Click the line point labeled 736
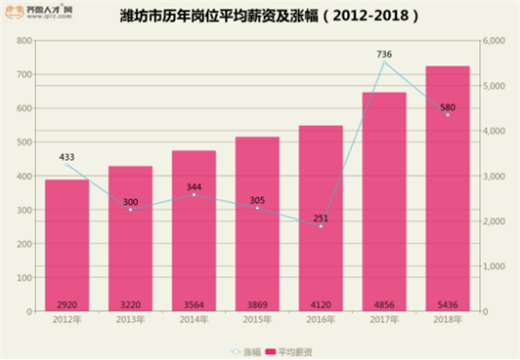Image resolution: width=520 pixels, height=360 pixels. point(384,63)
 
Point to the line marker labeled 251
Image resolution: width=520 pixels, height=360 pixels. point(321,226)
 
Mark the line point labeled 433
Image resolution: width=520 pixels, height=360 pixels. point(66,164)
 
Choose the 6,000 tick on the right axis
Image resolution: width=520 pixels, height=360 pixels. point(494,42)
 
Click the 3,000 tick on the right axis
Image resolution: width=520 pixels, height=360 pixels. point(494,177)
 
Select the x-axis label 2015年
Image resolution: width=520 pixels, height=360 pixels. point(257,321)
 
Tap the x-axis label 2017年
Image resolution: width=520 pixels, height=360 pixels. point(384,321)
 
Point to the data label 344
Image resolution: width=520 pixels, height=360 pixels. point(193,187)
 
